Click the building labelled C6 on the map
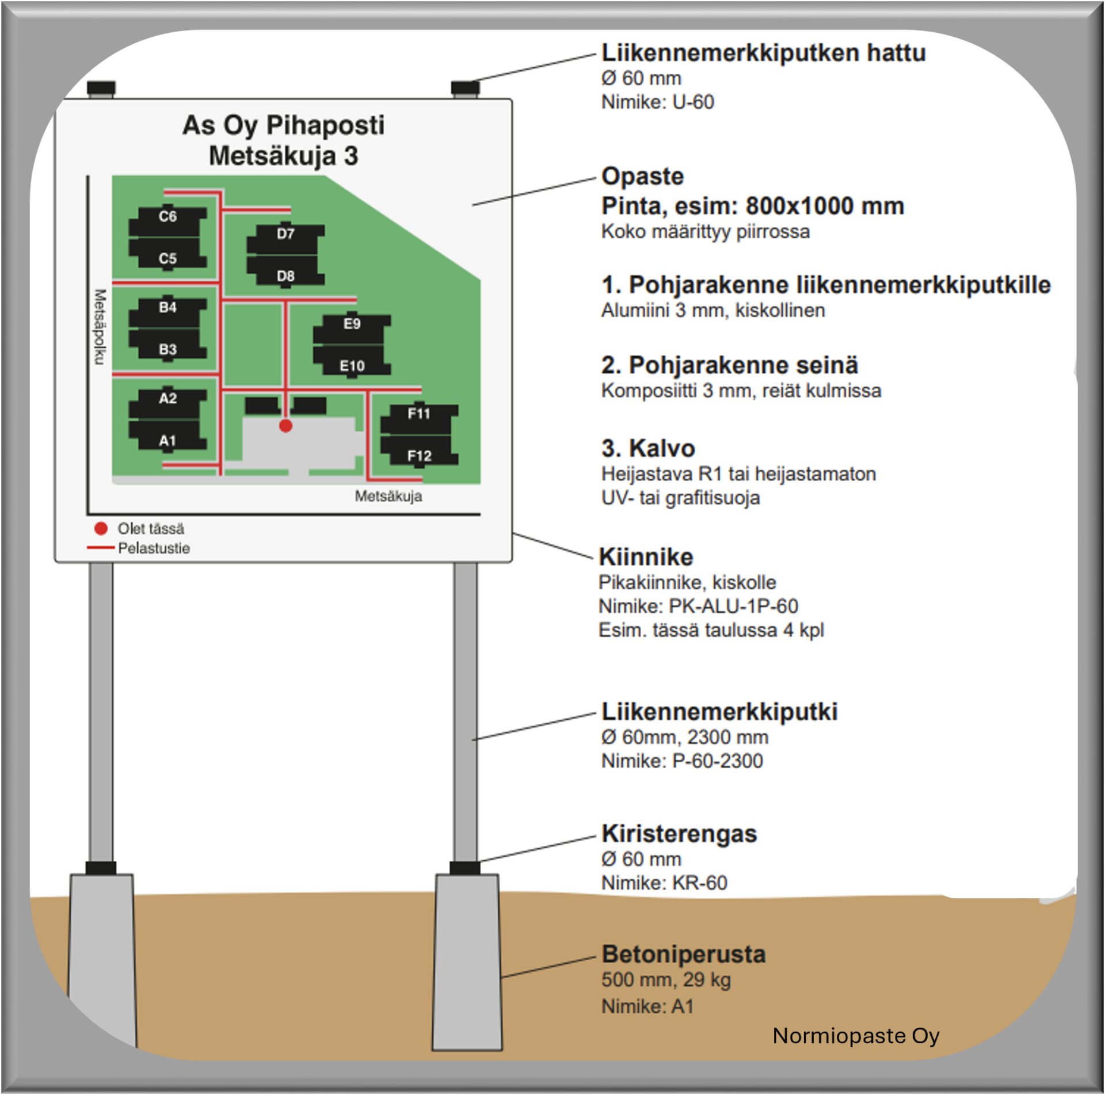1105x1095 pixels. pyautogui.click(x=167, y=217)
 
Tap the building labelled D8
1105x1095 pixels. pyautogui.click(x=285, y=276)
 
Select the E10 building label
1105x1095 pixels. pyautogui.click(x=352, y=366)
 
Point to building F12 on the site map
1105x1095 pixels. pyautogui.click(x=419, y=456)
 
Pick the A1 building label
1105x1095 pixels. pyautogui.click(x=167, y=441)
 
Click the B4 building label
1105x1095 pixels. pyautogui.click(x=167, y=307)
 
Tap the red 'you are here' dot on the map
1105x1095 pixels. pyautogui.click(x=285, y=426)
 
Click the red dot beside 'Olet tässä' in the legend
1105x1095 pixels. pyautogui.click(x=101, y=528)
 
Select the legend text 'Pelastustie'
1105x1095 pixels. pyautogui.click(x=154, y=548)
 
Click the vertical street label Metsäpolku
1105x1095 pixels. pyautogui.click(x=100, y=327)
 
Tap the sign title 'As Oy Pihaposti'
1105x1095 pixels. pyautogui.click(x=283, y=125)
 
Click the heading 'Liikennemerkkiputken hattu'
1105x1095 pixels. pyautogui.click(x=763, y=53)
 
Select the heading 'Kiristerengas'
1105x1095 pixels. pyautogui.click(x=679, y=834)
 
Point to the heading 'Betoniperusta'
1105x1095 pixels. pyautogui.click(x=683, y=955)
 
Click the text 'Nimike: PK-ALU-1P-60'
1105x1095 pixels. pyautogui.click(x=698, y=606)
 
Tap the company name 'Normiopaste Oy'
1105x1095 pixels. pyautogui.click(x=856, y=1036)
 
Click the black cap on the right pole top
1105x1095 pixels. pyautogui.click(x=465, y=88)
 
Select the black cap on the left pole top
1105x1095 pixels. pyautogui.click(x=101, y=88)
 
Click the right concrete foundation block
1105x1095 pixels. pyautogui.click(x=467, y=961)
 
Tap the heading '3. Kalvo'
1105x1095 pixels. pyautogui.click(x=648, y=448)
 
